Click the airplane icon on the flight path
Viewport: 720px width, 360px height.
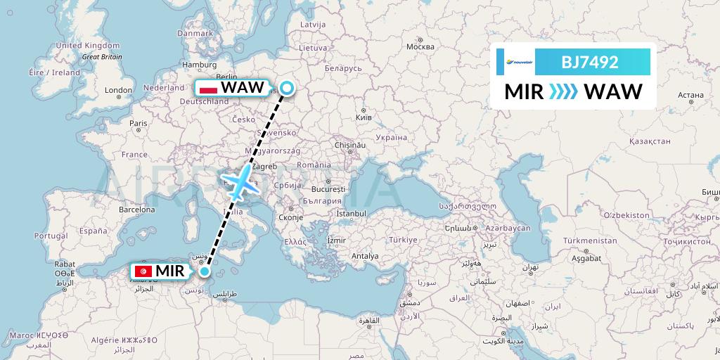[240, 181]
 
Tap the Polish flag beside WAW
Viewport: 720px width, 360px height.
[209, 89]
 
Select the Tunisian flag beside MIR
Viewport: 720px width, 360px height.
[143, 271]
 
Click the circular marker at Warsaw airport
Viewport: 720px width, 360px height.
[287, 87]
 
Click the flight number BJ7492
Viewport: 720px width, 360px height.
[589, 62]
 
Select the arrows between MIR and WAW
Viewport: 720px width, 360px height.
[562, 91]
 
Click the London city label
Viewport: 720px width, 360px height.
[118, 90]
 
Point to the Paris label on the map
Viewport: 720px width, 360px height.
[139, 123]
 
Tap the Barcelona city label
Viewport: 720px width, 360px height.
[136, 209]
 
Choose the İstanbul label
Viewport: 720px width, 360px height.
[351, 212]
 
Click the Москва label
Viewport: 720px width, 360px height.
[420, 47]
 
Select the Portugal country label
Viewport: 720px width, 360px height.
[50, 236]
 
